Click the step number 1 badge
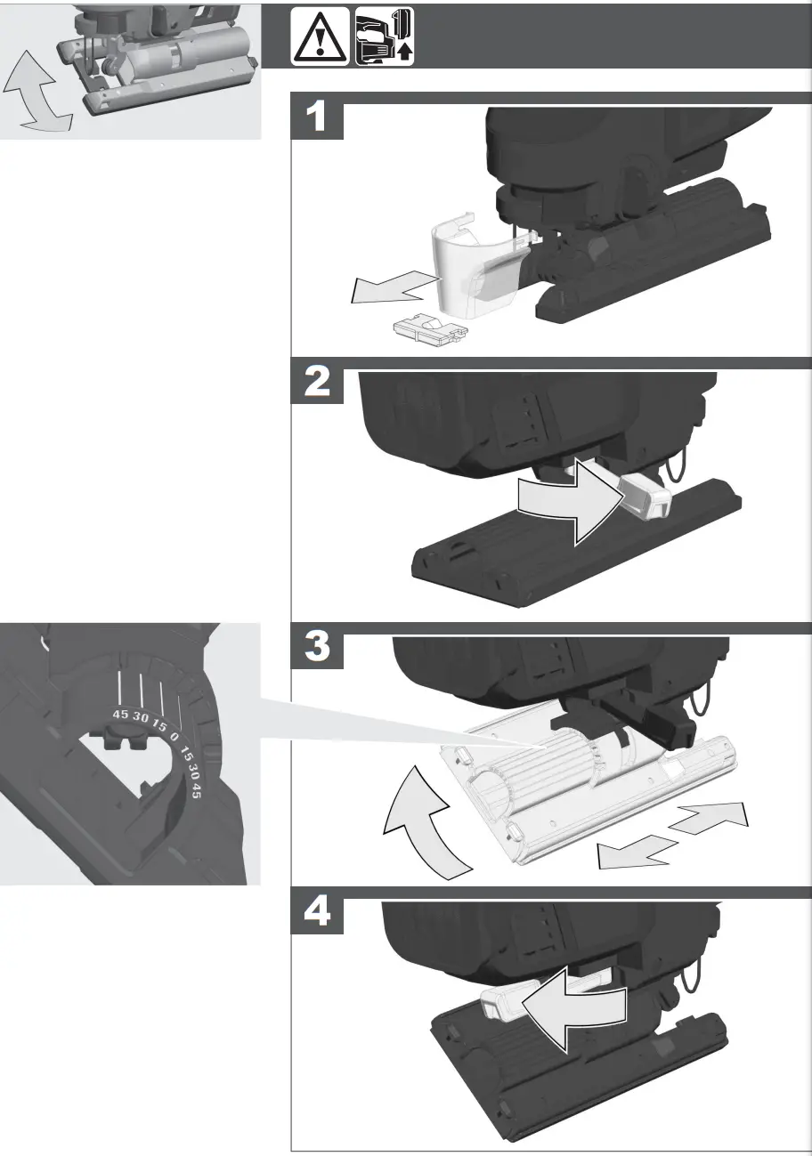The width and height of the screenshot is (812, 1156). point(318,117)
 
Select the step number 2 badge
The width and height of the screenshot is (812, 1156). point(318,383)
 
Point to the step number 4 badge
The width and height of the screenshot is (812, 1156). point(318,913)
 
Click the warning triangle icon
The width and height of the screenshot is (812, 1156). point(320,36)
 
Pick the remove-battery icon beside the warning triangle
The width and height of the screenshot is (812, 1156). point(385,36)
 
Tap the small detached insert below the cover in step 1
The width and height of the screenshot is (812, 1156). point(430,333)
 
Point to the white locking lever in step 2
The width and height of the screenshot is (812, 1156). point(644,495)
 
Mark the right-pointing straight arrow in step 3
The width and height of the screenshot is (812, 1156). point(710,817)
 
